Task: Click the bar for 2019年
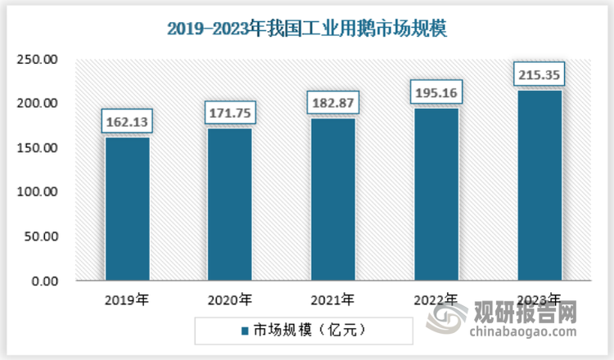tap(126, 209)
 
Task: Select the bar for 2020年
tap(229, 205)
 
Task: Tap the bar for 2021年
tap(332, 200)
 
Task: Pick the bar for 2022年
tap(436, 195)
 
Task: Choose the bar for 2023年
tap(539, 186)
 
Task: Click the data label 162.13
tap(126, 122)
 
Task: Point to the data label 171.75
tap(229, 114)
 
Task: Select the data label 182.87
tap(332, 104)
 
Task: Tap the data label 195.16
tap(436, 93)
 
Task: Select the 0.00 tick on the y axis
tap(43, 281)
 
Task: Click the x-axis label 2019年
tap(126, 300)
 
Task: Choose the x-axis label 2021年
tap(332, 300)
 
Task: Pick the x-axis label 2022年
tap(436, 300)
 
